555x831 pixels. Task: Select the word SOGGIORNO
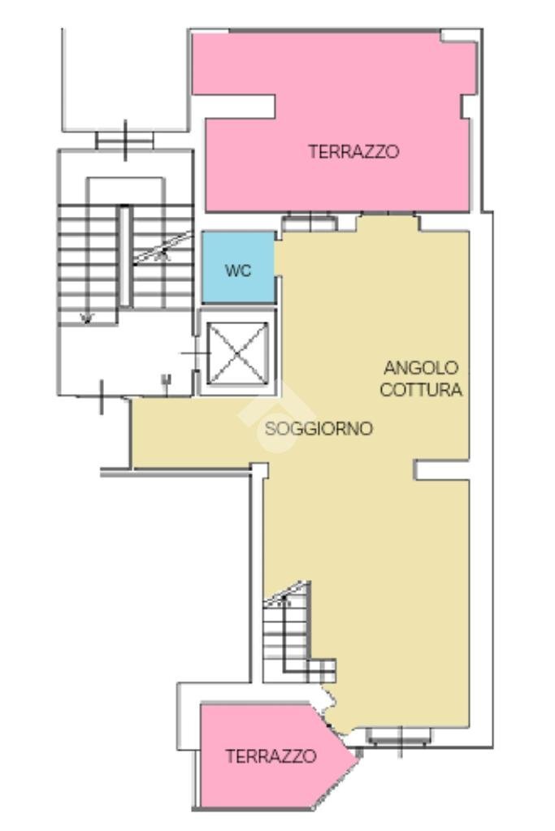coord(319,428)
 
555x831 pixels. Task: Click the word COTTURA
coord(421,390)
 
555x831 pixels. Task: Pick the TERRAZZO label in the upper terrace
coord(353,151)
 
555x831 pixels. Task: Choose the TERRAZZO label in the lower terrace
coord(271,756)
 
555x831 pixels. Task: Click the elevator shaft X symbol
coord(237,353)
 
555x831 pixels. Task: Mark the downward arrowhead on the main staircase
coord(86,317)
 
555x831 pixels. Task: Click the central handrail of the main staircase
coord(125,256)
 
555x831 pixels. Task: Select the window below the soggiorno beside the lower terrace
coord(398,737)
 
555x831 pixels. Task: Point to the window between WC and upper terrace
coord(309,221)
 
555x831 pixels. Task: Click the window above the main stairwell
coord(124,141)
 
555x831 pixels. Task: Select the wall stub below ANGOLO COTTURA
coord(441,470)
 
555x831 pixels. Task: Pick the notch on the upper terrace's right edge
coord(466,106)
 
